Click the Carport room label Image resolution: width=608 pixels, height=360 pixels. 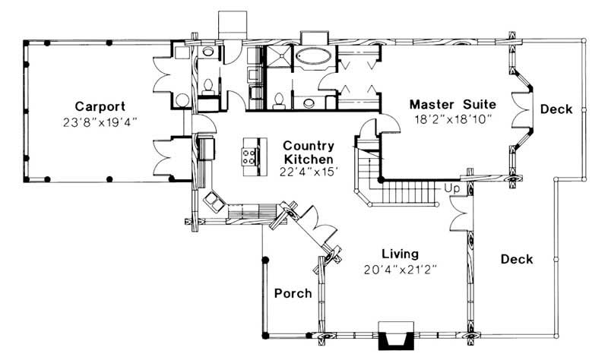(x=100, y=106)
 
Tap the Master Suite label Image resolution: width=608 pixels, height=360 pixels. (x=452, y=103)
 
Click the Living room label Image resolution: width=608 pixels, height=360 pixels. (x=400, y=254)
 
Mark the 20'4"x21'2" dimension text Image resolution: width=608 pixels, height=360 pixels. (x=400, y=269)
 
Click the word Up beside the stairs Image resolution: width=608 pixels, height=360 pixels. (x=452, y=187)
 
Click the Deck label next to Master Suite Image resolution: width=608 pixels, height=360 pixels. (x=556, y=109)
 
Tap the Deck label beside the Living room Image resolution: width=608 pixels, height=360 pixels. (x=517, y=259)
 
